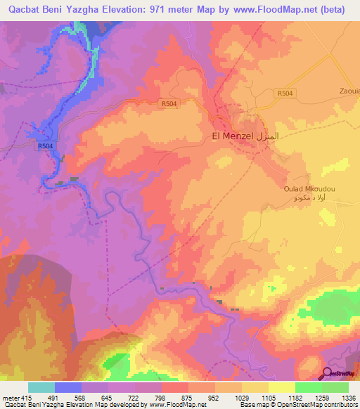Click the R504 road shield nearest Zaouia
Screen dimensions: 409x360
pyautogui.click(x=285, y=93)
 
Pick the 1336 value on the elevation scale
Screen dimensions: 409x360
pyautogui.click(x=347, y=398)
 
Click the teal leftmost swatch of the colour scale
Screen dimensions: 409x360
pyautogui.click(x=41, y=387)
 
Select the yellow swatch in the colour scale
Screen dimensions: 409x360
pyautogui.click(x=281, y=387)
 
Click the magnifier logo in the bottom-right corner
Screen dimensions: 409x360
pyautogui.click(x=328, y=372)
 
